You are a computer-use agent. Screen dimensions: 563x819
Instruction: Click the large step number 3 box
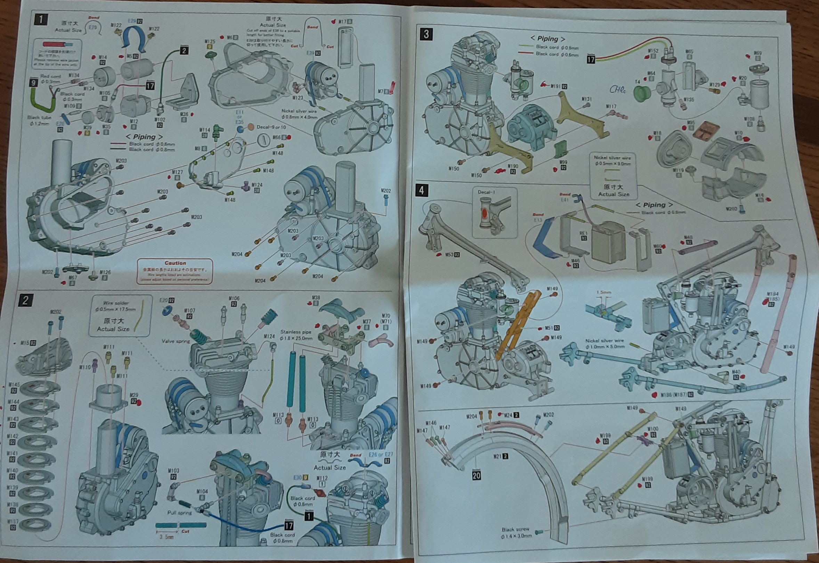coord(426,34)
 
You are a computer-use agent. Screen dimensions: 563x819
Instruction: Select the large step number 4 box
coord(421,191)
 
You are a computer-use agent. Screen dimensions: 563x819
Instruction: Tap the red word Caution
coord(175,263)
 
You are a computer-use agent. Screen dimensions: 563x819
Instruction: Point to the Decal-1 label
coord(486,192)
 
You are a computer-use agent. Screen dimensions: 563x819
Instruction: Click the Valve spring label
coord(176,341)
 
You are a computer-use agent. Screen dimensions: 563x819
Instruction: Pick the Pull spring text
coord(179,513)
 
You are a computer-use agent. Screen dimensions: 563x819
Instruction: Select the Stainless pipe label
coord(295,332)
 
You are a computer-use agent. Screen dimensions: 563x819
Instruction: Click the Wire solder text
coord(116,303)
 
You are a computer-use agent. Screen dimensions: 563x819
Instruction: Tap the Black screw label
coord(515,530)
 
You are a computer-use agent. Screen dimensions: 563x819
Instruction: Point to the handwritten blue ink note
coord(617,90)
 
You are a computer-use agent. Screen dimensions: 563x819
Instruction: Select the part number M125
coord(210,42)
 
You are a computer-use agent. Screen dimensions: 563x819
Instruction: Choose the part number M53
coord(449,255)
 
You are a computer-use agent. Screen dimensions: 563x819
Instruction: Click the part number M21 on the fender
coord(497,457)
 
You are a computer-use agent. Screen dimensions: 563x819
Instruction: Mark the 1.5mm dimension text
coord(603,292)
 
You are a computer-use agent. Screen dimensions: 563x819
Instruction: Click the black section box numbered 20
coord(476,475)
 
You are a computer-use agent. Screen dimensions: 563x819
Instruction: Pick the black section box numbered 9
coord(33,83)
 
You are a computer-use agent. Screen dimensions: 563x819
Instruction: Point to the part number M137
coord(12,522)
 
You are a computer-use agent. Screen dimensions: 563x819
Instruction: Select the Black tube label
coord(39,118)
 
